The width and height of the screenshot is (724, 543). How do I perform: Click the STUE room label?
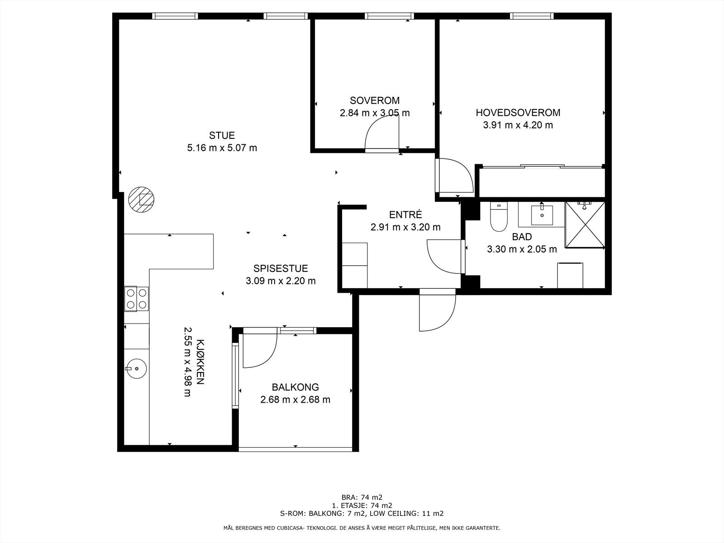222,135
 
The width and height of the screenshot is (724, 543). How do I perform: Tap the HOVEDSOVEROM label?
518,113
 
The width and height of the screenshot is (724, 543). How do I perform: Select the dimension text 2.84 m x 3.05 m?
375,113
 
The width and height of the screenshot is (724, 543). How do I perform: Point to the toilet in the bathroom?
498,217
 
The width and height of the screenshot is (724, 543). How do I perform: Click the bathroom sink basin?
542,215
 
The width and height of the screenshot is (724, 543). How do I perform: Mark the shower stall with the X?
585,225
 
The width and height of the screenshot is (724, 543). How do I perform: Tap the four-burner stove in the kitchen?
137,299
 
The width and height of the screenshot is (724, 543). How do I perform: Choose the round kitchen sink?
136,369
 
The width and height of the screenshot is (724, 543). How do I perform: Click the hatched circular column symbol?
141,200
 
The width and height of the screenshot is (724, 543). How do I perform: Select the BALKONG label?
295,387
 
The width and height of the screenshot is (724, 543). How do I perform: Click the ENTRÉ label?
405,214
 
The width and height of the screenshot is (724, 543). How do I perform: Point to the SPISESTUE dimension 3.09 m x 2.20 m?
281,281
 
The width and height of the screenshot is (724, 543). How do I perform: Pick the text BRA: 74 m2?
362,497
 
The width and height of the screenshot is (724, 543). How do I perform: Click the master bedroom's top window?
532,16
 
